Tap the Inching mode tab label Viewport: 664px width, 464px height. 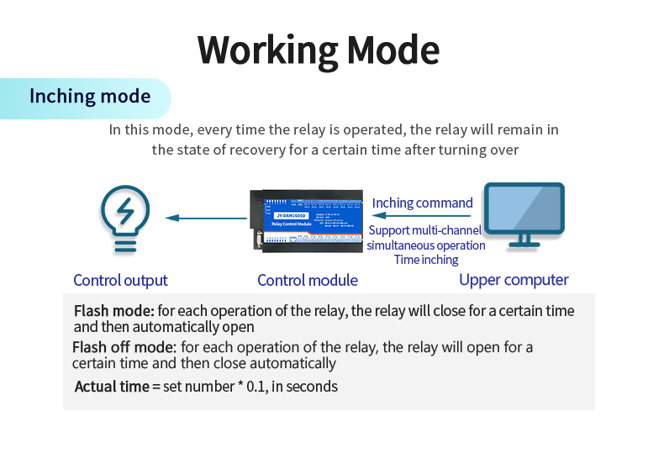(x=90, y=96)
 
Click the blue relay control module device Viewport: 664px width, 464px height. (x=308, y=219)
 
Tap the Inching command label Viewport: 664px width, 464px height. (x=422, y=203)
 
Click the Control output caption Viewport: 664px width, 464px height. (x=120, y=281)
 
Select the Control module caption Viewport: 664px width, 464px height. (x=308, y=281)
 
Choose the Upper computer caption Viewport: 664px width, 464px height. (x=514, y=280)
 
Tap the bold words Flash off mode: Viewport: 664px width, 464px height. (x=124, y=347)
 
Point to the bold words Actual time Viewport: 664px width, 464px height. (x=112, y=387)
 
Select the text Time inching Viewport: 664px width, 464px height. (x=426, y=260)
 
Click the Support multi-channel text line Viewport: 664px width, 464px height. (x=425, y=230)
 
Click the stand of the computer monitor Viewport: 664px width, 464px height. (x=524, y=241)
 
